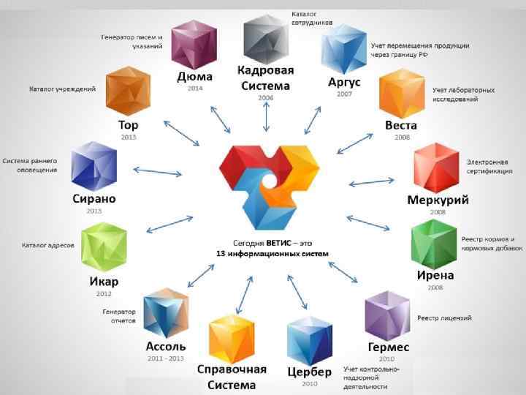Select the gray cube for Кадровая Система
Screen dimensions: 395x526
pos(264,39)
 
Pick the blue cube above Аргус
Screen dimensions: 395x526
pos(343,49)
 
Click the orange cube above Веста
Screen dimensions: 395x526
pos(401,93)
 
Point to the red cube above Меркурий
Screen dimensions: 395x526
pos(436,168)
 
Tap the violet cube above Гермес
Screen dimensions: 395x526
pos(387,315)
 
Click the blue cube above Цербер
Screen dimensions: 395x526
pos(310,340)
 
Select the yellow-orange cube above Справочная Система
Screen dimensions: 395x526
pos(232,339)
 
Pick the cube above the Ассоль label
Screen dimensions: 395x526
pos(166,312)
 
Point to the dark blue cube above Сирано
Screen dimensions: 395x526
pos(94,166)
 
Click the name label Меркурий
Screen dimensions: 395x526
pos(438,200)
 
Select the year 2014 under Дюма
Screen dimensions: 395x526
pos(194,88)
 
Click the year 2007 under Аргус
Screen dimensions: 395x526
pos(343,94)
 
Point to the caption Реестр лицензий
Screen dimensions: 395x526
pos(444,317)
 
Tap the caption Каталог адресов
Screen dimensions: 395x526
pos(47,245)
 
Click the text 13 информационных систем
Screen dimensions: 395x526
pos(272,254)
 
